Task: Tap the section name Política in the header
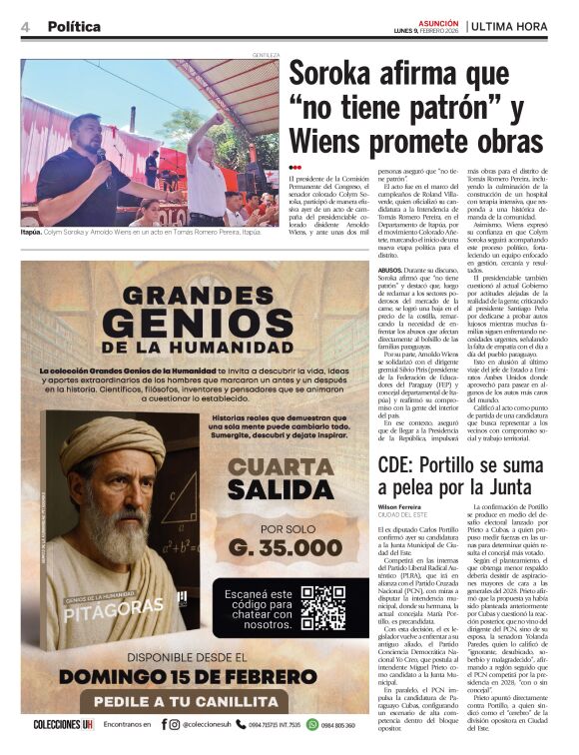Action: point(74,27)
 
